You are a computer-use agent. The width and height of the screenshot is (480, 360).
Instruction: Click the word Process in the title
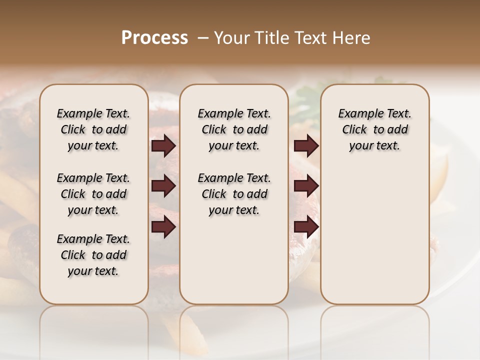click(x=154, y=38)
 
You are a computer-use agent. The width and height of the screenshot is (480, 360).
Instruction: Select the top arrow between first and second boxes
click(x=163, y=146)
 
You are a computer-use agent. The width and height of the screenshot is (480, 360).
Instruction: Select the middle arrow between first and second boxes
click(x=163, y=186)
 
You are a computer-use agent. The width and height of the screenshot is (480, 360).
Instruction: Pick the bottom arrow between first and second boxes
click(x=163, y=227)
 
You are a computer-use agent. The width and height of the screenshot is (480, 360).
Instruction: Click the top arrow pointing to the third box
click(x=306, y=146)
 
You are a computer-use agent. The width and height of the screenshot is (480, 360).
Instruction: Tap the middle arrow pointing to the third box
click(x=306, y=186)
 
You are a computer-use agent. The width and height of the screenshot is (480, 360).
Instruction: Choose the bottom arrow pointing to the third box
click(x=306, y=227)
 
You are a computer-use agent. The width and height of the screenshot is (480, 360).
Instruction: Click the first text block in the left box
click(x=93, y=129)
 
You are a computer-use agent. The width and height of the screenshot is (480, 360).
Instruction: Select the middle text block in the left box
click(x=93, y=194)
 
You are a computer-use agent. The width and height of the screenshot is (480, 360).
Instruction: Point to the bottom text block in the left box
click(x=93, y=255)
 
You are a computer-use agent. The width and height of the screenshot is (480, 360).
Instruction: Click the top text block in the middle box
click(x=234, y=129)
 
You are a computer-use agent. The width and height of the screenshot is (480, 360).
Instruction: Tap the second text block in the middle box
click(x=234, y=194)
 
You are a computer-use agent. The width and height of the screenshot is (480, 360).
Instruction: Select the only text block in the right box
click(x=374, y=129)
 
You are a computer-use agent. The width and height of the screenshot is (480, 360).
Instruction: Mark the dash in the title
click(x=203, y=38)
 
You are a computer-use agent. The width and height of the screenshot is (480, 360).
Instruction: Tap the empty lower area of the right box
click(x=374, y=240)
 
